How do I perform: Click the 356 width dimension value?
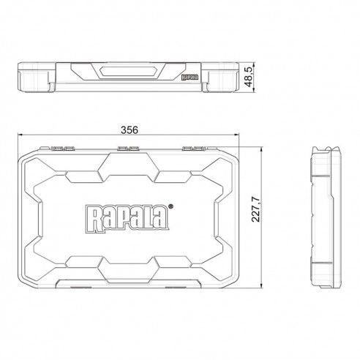point(130,130)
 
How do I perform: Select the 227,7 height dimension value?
point(256,209)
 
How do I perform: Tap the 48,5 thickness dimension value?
point(249,77)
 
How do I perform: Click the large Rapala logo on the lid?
point(127,218)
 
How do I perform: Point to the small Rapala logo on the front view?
point(190,77)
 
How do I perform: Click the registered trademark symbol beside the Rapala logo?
point(171,206)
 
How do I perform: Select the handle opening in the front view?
point(128,72)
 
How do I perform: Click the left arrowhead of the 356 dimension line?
point(20,135)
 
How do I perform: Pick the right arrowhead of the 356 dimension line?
point(236,135)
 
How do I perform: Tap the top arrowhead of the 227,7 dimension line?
point(262,149)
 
